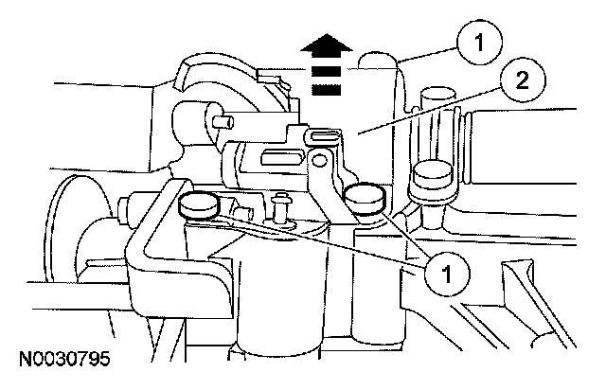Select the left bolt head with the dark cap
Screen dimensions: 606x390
(198, 204)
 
